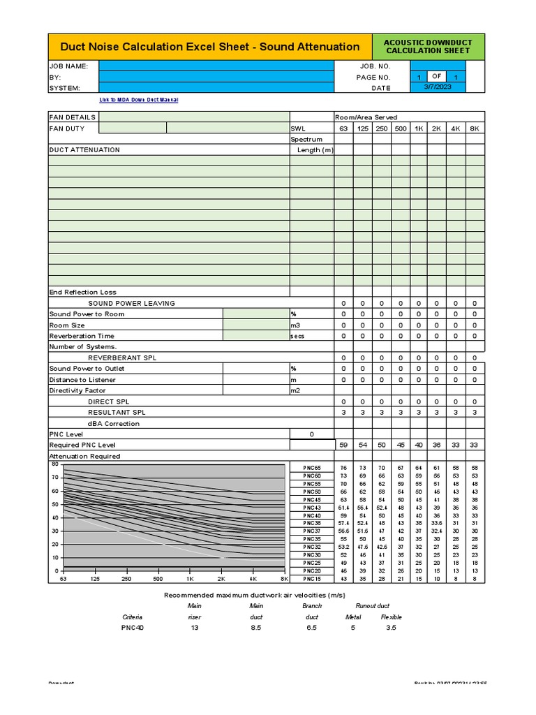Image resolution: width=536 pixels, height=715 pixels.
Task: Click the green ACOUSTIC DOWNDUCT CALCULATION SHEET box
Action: tap(428, 46)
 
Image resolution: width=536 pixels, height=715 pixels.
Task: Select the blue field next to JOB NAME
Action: tap(216, 66)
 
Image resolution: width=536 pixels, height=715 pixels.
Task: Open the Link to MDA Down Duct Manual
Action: tap(139, 100)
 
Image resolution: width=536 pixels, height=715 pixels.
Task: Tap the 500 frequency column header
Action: tap(400, 128)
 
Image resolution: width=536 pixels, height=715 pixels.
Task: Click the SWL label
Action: tap(299, 128)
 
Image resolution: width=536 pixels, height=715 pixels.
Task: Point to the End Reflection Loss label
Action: tap(83, 292)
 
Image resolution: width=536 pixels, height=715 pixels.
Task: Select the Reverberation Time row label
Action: tap(82, 336)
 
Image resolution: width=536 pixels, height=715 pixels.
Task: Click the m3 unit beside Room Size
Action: tap(295, 325)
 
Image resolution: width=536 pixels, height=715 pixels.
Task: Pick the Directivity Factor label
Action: tap(77, 391)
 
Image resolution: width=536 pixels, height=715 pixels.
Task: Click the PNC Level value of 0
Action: tap(311, 434)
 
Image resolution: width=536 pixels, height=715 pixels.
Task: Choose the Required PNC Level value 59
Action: tap(343, 445)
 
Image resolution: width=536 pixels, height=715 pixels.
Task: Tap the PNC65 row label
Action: tap(312, 467)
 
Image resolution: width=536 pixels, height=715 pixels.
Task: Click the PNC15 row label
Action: tap(312, 579)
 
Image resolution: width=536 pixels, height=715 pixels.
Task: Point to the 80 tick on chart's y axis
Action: tap(54, 464)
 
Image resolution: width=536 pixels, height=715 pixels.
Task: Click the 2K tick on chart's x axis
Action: tap(221, 579)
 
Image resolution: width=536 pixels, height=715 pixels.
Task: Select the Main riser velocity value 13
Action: tap(195, 628)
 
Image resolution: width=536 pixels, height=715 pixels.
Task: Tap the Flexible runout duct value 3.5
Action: tap(391, 628)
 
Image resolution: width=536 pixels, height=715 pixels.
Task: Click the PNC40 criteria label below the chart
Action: tap(133, 628)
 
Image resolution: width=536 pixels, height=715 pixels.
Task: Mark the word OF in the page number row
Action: tap(435, 77)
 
